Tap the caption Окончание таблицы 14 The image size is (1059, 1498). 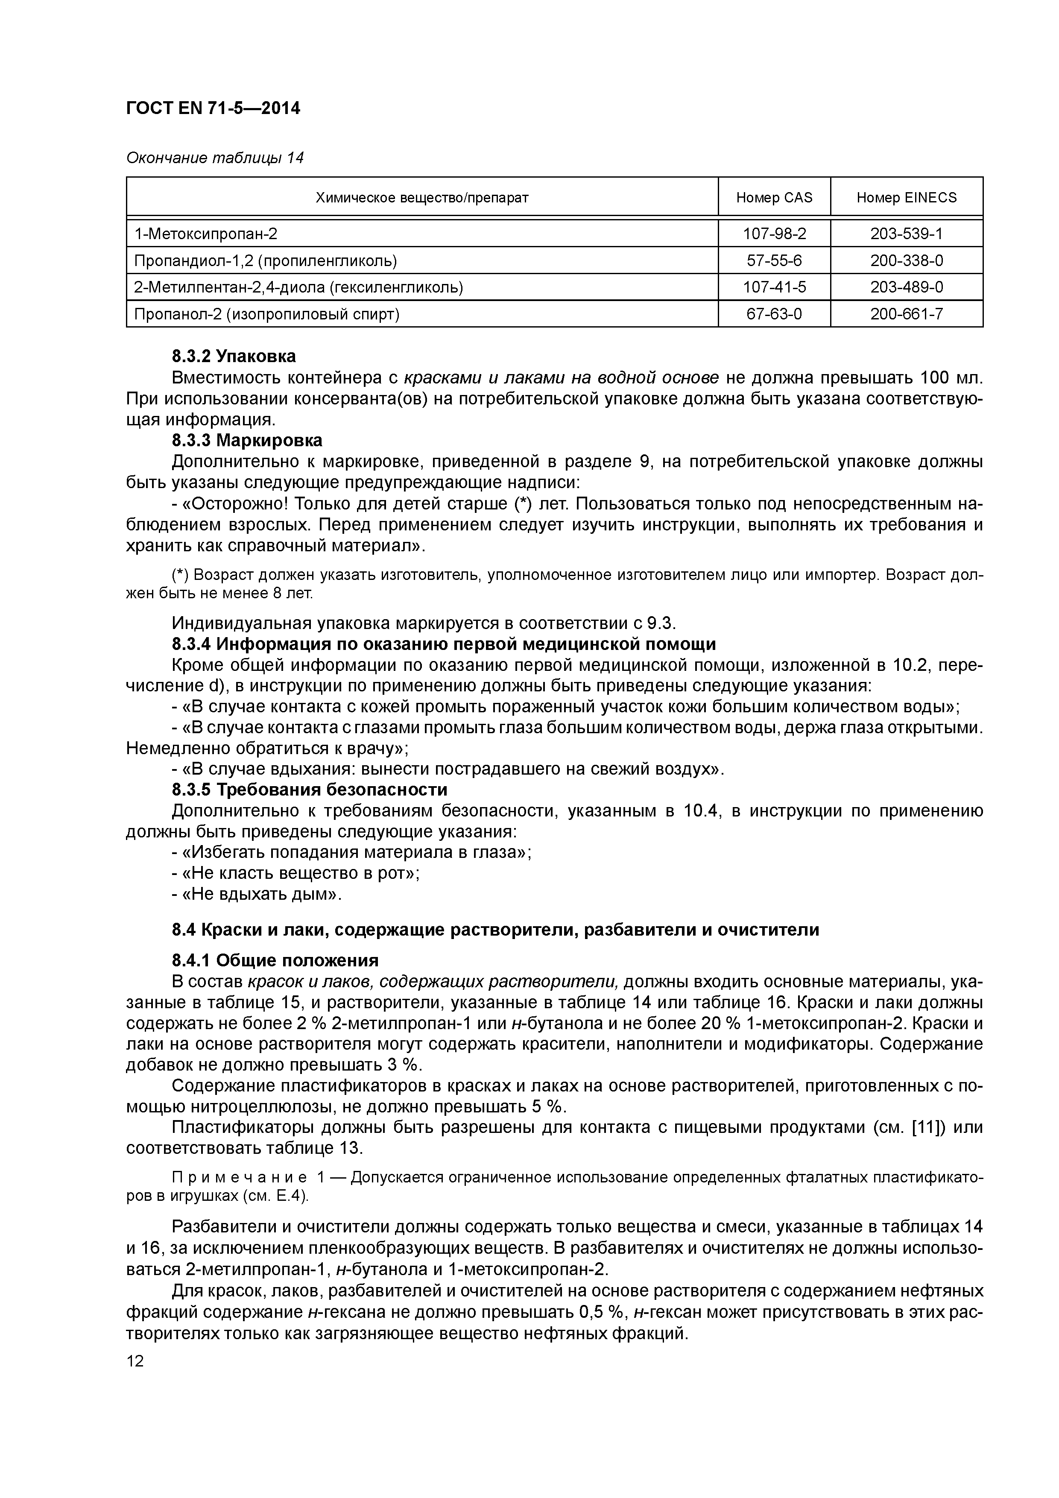pos(215,158)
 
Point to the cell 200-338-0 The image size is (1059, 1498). pos(906,261)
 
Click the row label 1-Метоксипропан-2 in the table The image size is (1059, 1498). pos(205,234)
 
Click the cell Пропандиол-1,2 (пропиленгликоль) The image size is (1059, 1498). pos(265,261)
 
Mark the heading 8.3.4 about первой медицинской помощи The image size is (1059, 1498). pos(444,644)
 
